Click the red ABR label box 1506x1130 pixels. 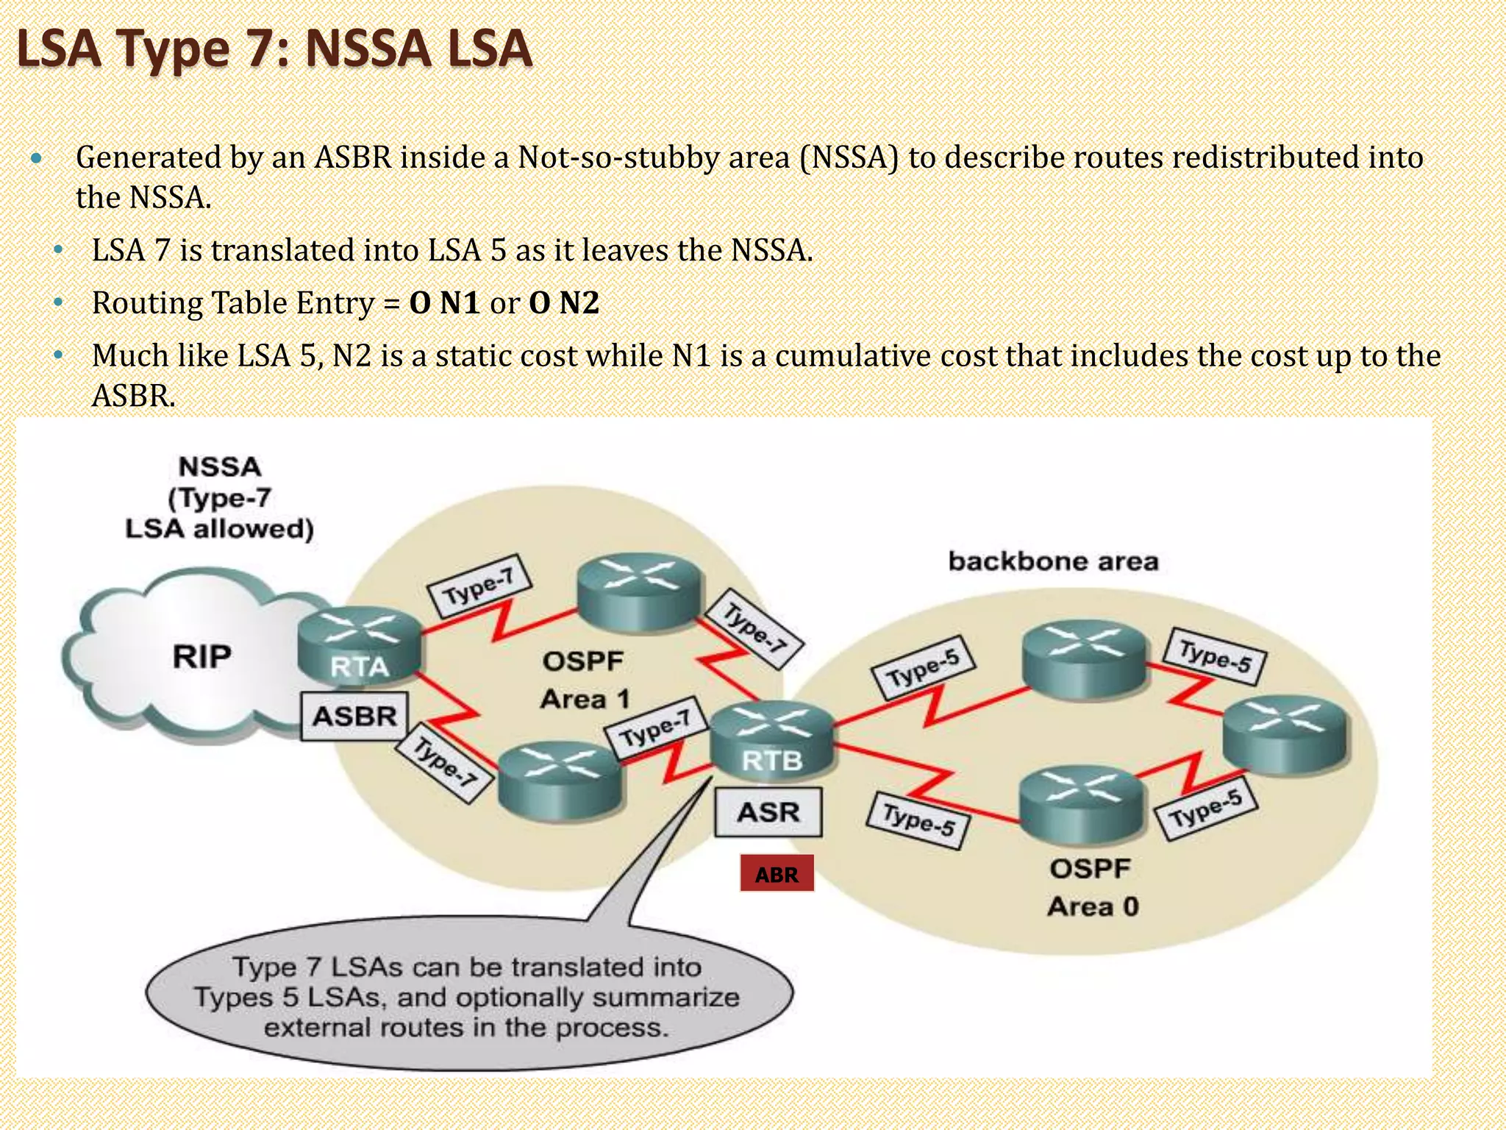tap(777, 873)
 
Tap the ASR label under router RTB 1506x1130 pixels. tap(768, 812)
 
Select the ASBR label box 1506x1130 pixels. tap(354, 716)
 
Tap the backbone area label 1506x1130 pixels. tap(1053, 561)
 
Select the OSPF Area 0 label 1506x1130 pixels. tap(1092, 887)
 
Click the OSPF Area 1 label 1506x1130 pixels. tap(584, 680)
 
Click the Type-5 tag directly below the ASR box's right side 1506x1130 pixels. tap(918, 820)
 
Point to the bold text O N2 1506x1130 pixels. tap(564, 303)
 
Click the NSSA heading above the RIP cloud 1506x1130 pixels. tap(220, 466)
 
